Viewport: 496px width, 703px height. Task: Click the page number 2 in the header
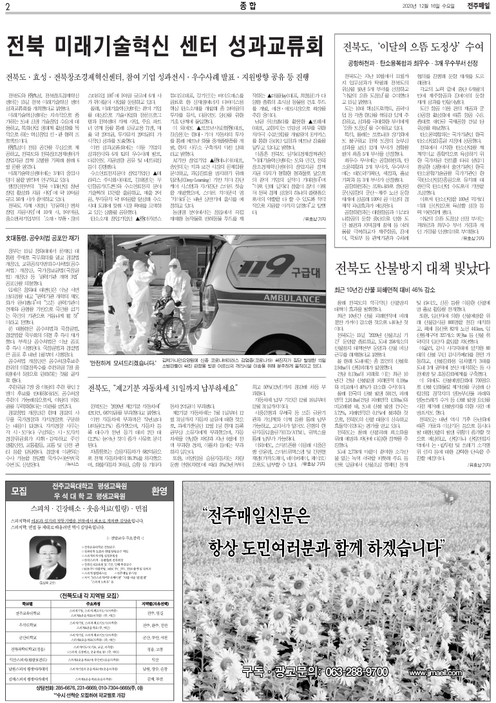point(6,6)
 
